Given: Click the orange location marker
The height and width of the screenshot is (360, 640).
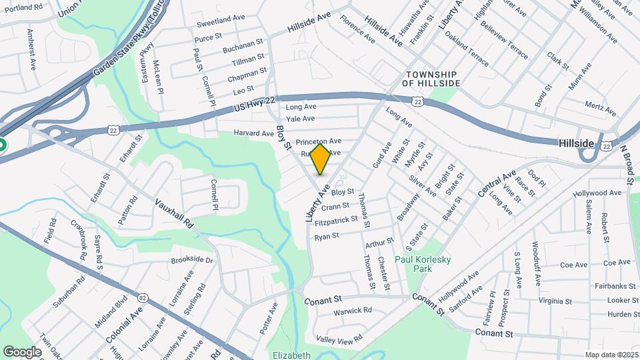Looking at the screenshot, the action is [320, 159].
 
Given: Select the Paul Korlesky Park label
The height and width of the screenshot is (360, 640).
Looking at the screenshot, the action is [423, 263].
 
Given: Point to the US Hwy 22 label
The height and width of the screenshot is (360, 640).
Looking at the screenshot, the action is [254, 103].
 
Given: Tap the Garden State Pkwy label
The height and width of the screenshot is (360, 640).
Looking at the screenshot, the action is [127, 55].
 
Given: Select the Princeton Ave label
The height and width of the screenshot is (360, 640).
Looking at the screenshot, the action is [319, 141].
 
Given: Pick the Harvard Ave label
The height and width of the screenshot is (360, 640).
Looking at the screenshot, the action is [253, 133].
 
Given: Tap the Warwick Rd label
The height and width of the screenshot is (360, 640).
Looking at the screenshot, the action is [353, 311].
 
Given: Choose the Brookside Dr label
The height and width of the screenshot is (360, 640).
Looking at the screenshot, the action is [192, 261].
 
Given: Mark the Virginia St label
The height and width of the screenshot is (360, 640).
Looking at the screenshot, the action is [551, 301].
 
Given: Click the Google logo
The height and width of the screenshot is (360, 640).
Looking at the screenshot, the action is [22, 351].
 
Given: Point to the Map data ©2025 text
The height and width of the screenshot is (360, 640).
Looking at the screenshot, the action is [611, 355].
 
